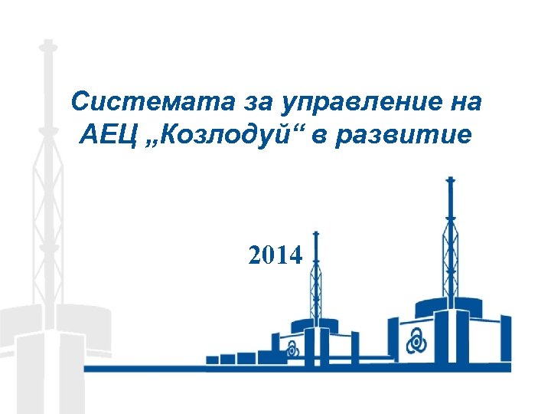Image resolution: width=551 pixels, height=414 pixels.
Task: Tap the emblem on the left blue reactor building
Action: point(292,350)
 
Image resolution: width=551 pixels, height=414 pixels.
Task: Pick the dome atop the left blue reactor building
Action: point(315,325)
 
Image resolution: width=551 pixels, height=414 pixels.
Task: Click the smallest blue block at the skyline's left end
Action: point(212,359)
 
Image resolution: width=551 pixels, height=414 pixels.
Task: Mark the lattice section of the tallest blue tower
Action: point(450,253)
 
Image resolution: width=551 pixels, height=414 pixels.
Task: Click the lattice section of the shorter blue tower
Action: point(315,287)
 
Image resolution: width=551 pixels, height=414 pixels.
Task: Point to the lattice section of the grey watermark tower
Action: point(47,207)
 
